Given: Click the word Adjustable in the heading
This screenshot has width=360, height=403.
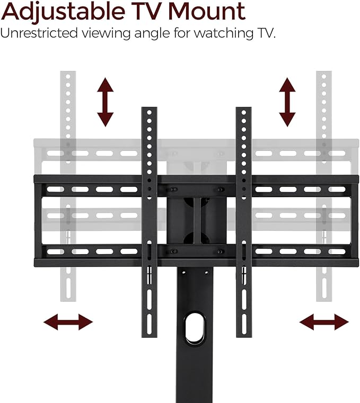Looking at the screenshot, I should [63, 12].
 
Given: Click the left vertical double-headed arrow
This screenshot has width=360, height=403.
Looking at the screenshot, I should [106, 102].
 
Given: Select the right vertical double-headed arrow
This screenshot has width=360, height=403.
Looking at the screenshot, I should [287, 102].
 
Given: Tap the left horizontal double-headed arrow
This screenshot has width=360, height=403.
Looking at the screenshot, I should [68, 321].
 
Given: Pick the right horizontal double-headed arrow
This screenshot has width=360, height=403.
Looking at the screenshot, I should [324, 321].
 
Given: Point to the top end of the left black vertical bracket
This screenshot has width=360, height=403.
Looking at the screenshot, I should [150, 110].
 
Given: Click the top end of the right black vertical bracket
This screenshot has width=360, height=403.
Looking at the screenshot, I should [244, 110].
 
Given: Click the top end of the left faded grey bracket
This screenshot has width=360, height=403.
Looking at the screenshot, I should [67, 74].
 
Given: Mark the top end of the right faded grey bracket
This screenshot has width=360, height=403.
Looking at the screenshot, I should [324, 74].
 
